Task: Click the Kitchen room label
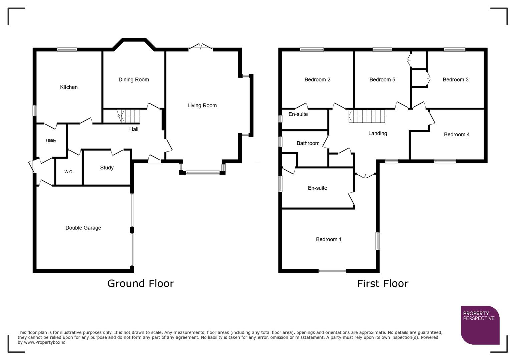coord(69,87)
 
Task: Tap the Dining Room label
coord(134,80)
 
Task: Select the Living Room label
coord(202,106)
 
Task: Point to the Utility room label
coord(51,141)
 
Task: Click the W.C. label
coord(69,172)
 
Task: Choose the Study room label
coord(107,168)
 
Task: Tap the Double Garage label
coord(83,228)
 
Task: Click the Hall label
coord(134,129)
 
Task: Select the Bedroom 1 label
coord(329,239)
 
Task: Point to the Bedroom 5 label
coord(382,80)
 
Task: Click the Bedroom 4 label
coord(457,135)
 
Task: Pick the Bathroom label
coord(308,143)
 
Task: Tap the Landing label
coord(378,133)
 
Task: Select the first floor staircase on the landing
coord(367,116)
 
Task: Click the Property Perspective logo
coord(480,325)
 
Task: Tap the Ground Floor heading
coord(140,284)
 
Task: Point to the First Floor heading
coord(382,284)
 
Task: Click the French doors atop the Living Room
coord(201,47)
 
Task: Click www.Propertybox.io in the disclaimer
coord(44,342)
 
